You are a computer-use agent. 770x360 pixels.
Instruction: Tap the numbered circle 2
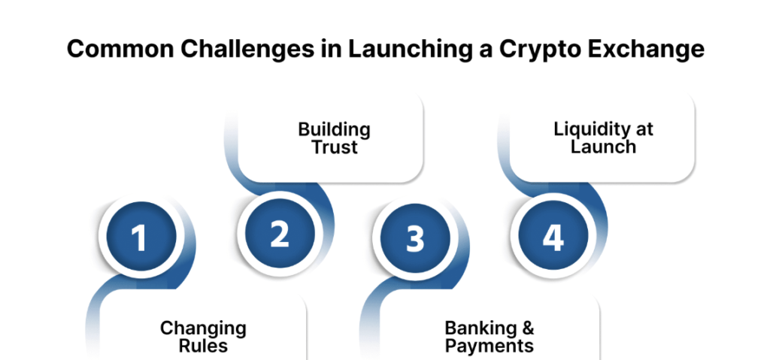[279, 234]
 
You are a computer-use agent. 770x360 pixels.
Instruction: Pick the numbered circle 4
[553, 237]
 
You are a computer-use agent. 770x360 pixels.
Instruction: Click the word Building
[334, 129]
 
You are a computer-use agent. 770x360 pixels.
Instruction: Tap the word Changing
[203, 328]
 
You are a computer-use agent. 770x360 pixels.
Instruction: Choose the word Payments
[489, 346]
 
